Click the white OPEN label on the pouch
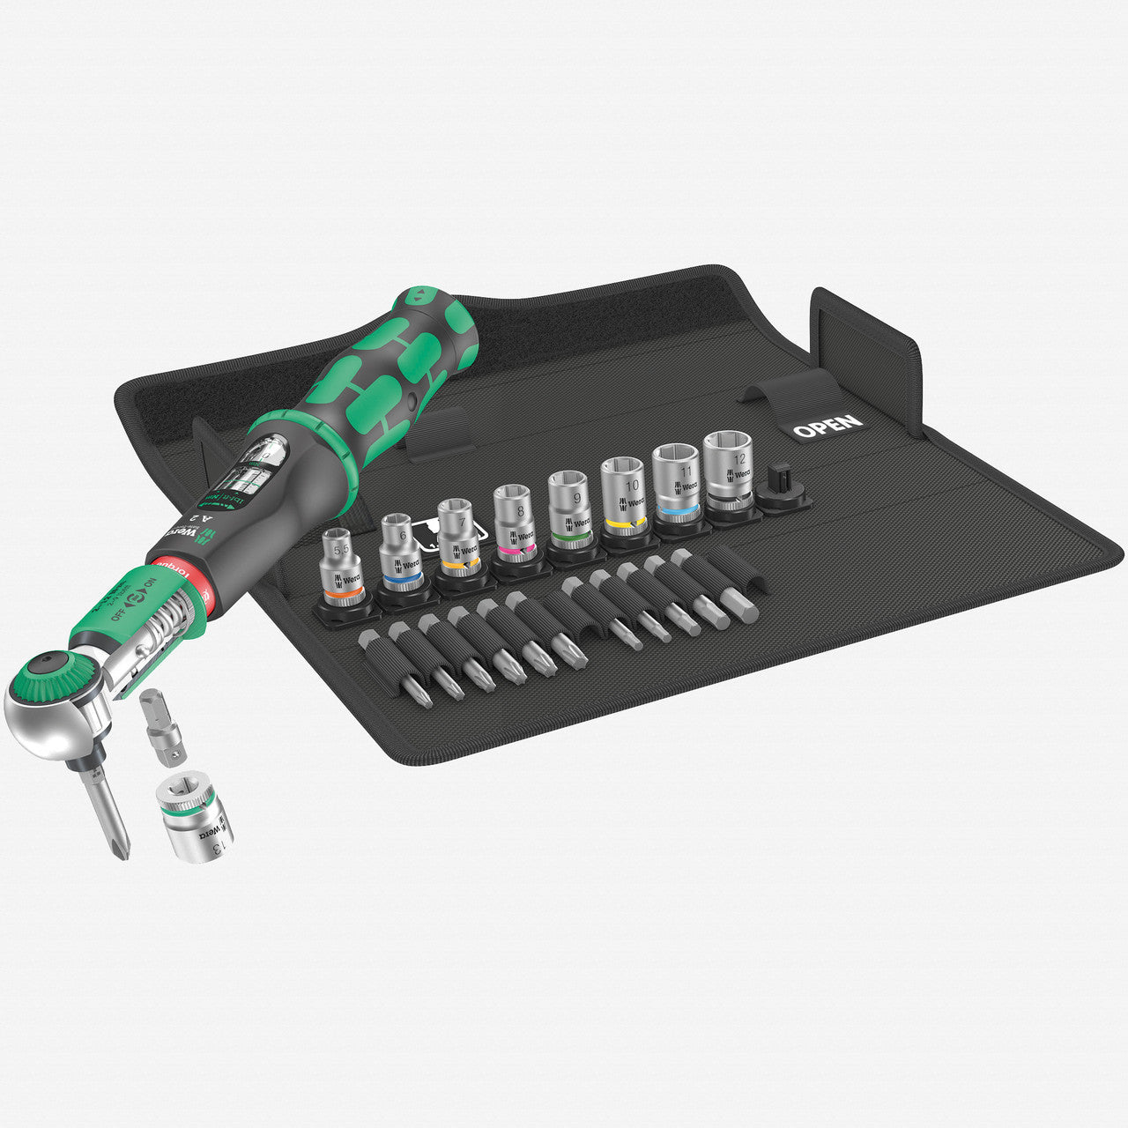click(x=827, y=426)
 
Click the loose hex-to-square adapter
click(x=160, y=731)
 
